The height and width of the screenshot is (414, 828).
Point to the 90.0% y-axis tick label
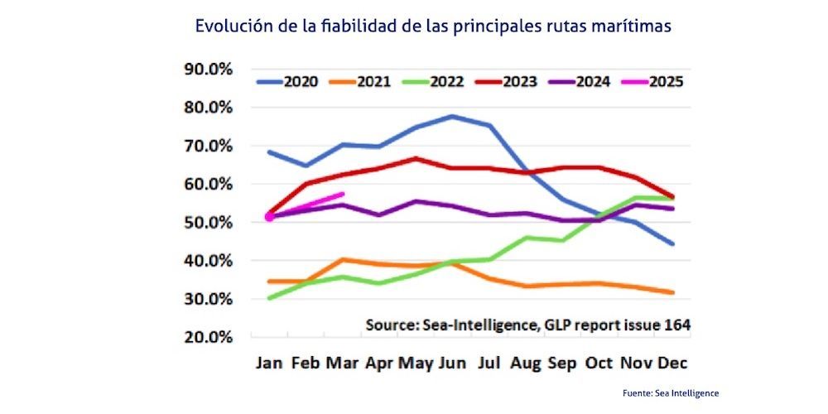208,70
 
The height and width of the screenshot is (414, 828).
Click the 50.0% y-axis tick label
208,222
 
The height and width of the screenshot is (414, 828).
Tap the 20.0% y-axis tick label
208,337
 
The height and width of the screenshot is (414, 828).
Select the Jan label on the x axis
271,363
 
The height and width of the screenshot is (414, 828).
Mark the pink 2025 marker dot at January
269,217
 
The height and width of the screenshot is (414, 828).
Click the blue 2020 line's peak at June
452,116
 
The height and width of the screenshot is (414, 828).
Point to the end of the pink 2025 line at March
344,194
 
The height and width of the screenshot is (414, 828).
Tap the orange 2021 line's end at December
672,292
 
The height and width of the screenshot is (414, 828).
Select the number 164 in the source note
676,324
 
